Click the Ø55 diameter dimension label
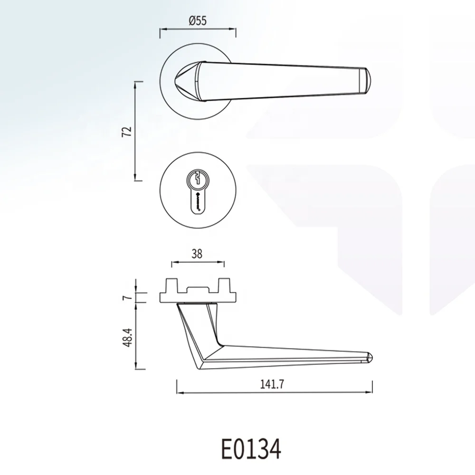tap(197, 20)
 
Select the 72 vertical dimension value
tap(126, 132)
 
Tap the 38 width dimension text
tap(197, 254)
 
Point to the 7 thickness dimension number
tap(126, 298)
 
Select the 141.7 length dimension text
tap(274, 385)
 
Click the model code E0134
tap(251, 447)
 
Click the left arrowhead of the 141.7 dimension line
tap(178, 393)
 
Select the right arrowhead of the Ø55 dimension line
tap(234, 29)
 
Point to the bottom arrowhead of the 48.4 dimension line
tap(137, 368)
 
